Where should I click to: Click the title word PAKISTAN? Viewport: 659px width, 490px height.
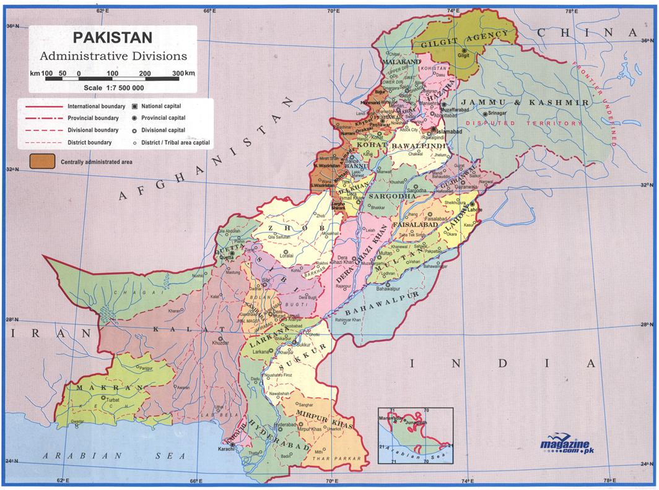coord(113,38)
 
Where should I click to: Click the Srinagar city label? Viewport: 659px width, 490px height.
coord(497,114)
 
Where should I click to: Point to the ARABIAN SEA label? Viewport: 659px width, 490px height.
coord(114,456)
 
